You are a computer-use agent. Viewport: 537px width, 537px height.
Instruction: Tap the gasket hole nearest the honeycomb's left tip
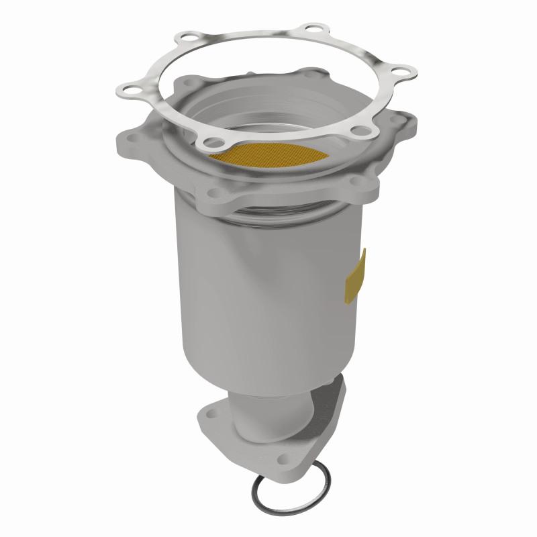(x=213, y=141)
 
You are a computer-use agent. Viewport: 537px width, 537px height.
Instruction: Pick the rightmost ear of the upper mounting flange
(x=403, y=124)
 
